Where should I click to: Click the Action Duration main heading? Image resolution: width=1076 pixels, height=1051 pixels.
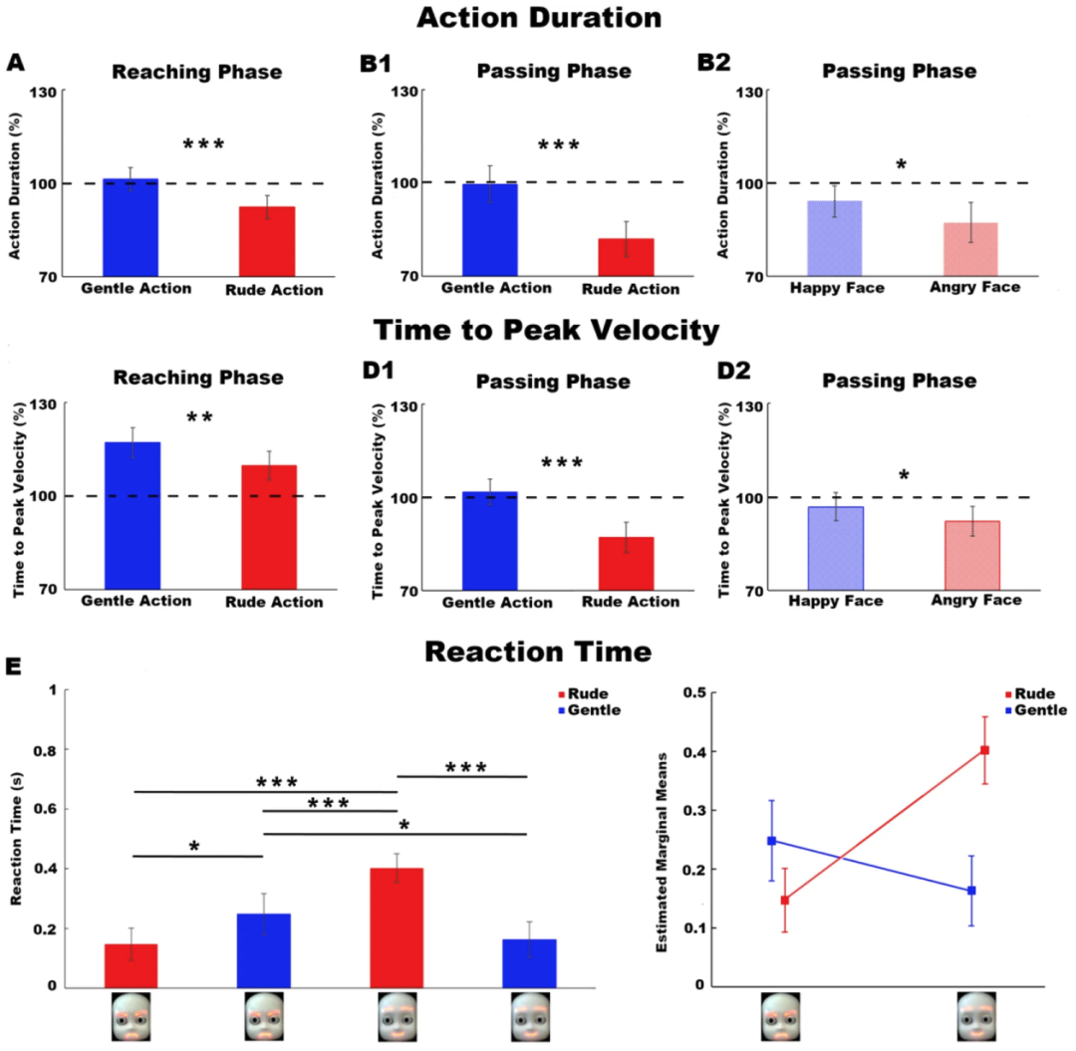538,18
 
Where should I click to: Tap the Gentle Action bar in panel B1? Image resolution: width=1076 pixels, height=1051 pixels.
489,229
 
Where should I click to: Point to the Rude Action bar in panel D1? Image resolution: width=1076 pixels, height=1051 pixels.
627,563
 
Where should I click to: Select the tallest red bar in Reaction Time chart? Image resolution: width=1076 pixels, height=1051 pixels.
397,927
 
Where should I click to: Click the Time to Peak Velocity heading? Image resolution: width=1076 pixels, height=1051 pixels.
538,332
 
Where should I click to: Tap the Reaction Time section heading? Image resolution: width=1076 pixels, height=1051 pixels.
538,653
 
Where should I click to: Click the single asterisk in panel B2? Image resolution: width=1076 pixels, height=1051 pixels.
901,164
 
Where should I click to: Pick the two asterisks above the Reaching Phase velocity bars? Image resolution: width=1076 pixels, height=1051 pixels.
199,418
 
